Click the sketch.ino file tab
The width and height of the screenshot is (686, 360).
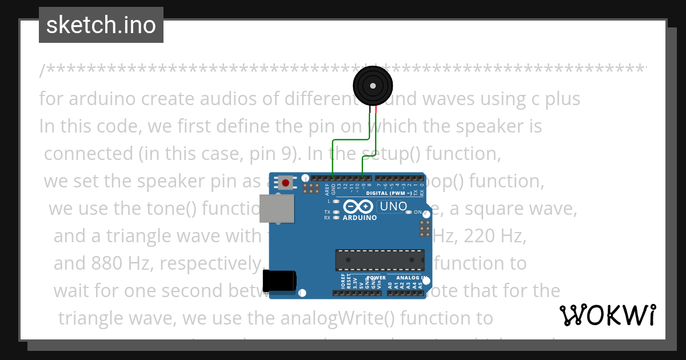coord(101,25)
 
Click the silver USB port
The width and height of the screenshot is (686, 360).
coord(277,207)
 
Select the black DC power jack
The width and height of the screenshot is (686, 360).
coord(279,281)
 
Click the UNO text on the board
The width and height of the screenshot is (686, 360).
coord(393,206)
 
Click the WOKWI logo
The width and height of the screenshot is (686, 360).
coord(608,315)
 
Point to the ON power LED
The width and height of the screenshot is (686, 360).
coord(408,213)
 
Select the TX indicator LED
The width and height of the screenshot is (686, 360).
coord(336,212)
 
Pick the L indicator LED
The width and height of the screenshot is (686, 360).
coord(336,201)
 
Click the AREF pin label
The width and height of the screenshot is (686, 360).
coord(327,187)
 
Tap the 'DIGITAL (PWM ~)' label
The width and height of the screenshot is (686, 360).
coord(389,194)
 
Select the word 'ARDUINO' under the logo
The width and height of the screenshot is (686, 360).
coord(360,218)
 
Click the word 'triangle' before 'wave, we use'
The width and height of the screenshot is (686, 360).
coord(91,318)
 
